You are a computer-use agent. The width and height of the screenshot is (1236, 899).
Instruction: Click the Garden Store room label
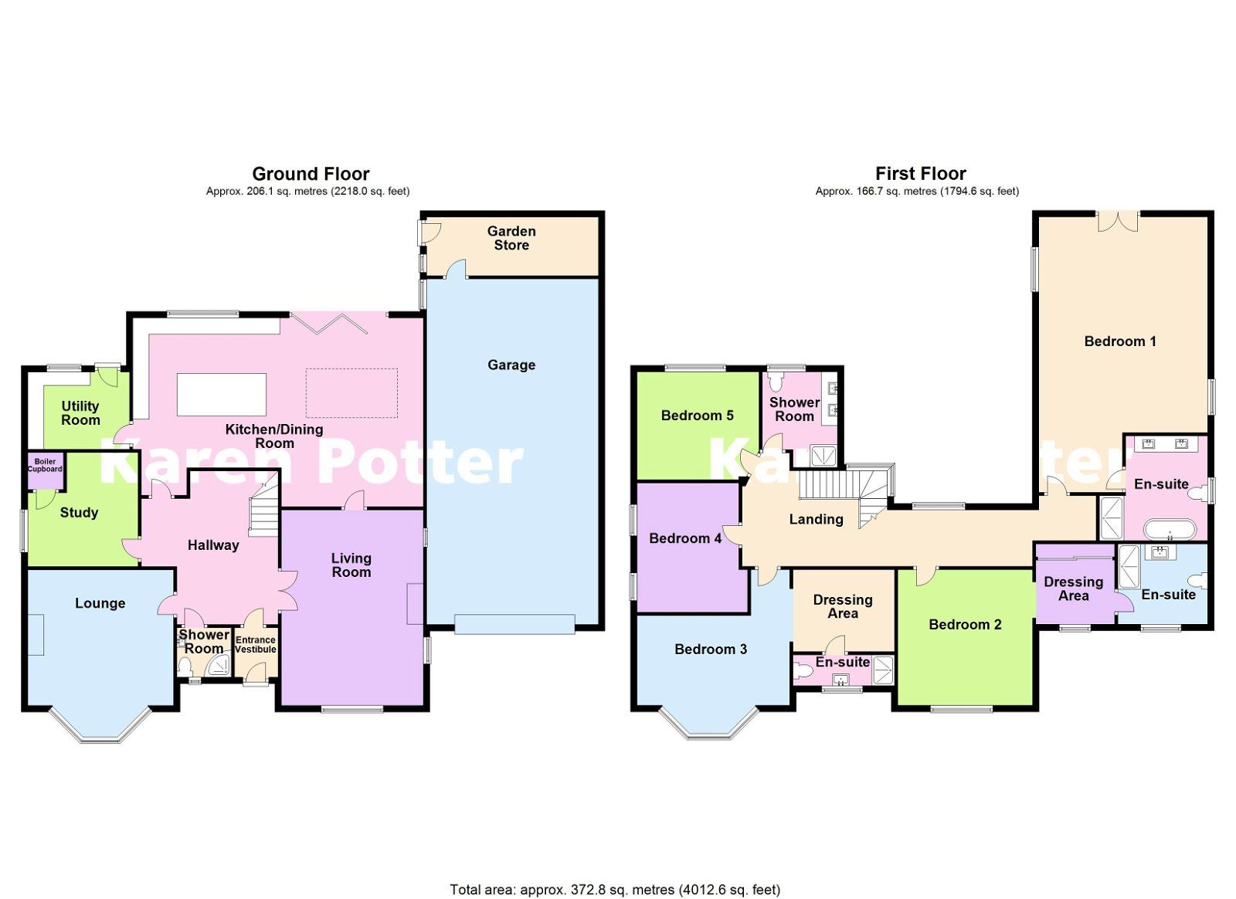[511, 238]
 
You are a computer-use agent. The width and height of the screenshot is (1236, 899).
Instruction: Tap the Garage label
[511, 365]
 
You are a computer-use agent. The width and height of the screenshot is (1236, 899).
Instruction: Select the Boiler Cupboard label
[45, 465]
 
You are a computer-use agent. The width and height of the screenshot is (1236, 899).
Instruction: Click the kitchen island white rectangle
[222, 394]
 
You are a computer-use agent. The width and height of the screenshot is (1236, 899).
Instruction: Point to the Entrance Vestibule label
[256, 644]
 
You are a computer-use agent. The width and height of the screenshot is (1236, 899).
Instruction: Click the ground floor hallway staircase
[264, 510]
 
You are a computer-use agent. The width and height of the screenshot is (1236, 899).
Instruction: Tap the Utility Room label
[80, 412]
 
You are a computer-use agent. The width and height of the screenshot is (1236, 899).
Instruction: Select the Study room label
[79, 512]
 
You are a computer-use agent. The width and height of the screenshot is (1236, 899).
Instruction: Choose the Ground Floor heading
[311, 174]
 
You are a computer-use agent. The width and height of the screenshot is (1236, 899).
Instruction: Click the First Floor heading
[920, 174]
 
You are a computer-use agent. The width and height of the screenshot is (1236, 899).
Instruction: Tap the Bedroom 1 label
[1120, 341]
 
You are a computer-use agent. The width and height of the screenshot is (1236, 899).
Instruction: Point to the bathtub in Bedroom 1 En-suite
[1170, 530]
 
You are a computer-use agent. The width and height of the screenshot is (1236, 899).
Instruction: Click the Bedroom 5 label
[697, 416]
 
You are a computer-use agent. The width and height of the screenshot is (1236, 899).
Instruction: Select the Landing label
[816, 519]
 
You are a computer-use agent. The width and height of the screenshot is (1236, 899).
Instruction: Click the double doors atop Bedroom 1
[1118, 221]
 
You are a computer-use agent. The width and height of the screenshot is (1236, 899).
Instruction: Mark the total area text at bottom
[615, 890]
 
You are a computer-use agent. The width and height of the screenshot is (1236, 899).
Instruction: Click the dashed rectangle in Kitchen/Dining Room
[351, 393]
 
